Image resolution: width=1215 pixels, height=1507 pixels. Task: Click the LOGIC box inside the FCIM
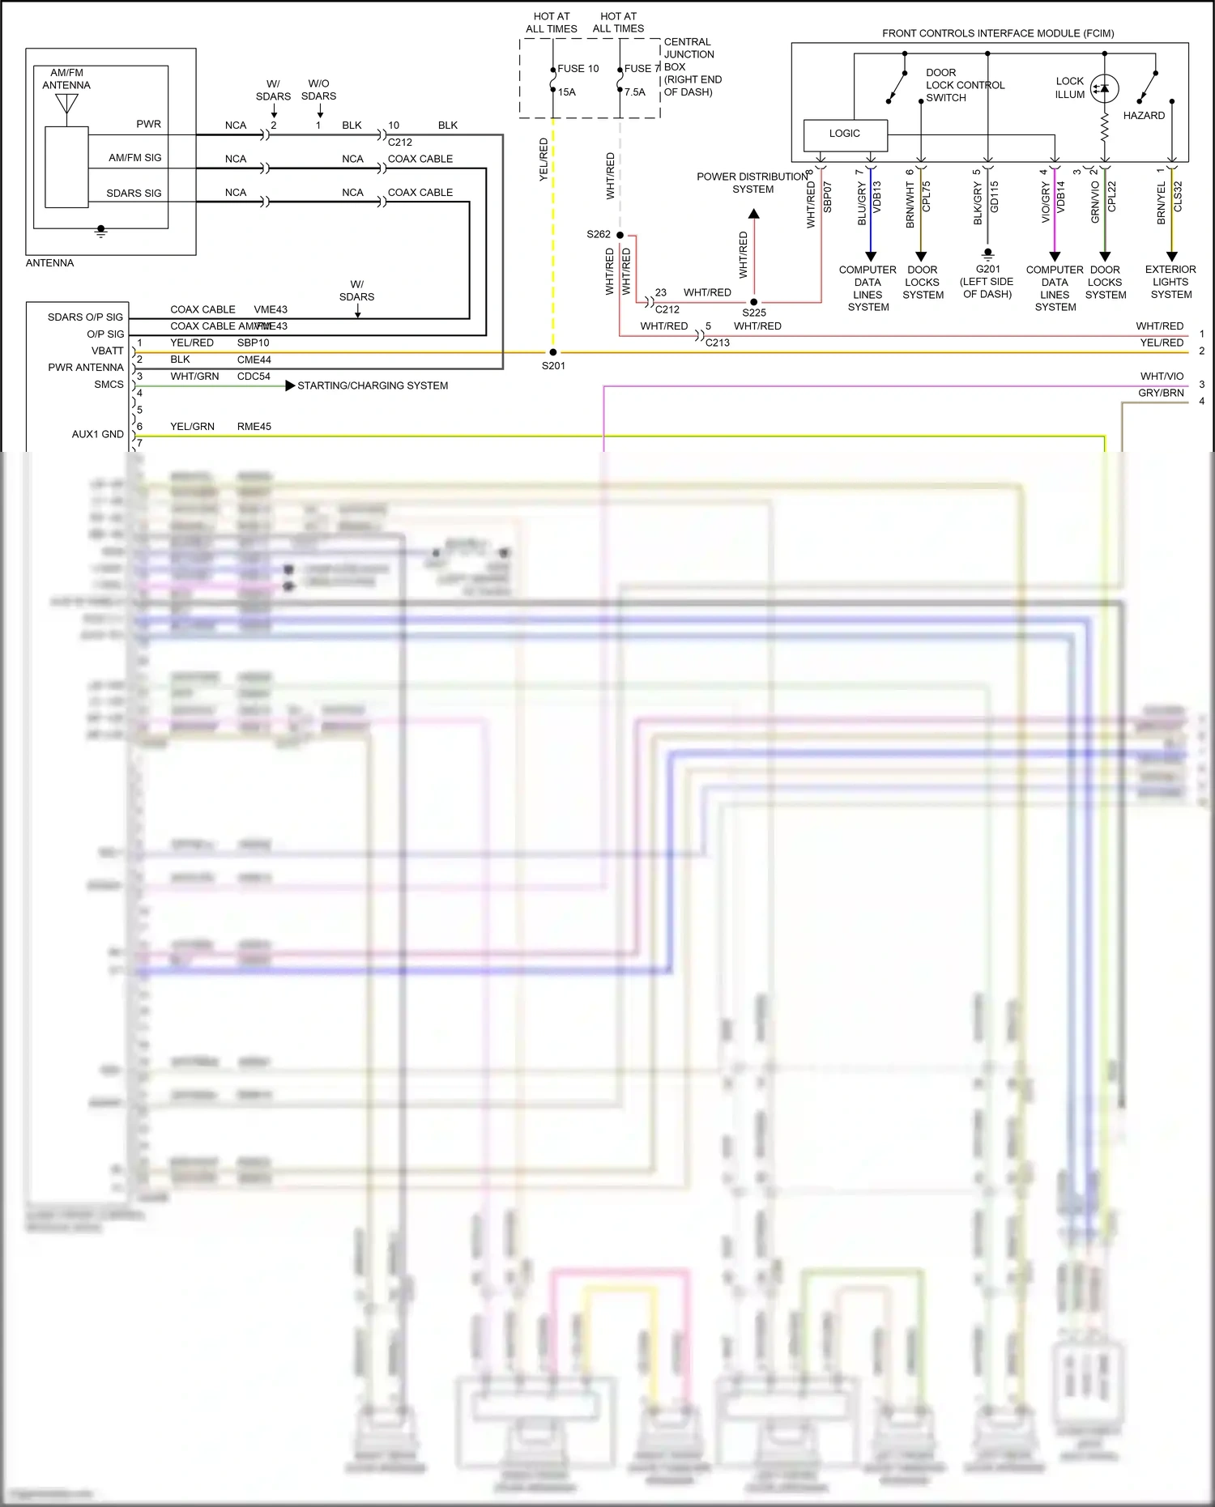point(845,134)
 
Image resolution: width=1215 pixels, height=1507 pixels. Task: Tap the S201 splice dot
point(553,352)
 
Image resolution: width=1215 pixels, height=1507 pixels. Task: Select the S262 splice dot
point(620,235)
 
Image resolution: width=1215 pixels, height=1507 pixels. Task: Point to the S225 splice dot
point(754,302)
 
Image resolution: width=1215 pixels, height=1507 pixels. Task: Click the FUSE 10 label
point(578,69)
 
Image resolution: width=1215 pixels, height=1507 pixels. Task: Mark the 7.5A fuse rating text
point(635,92)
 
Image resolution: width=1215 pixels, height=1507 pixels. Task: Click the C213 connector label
point(717,343)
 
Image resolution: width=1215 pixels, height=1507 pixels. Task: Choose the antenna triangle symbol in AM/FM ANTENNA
point(66,104)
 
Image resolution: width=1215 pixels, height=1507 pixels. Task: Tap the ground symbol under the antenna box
point(101,232)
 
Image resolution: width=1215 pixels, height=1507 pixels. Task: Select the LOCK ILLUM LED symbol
point(1104,88)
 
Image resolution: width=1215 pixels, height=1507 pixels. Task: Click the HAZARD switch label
point(1144,116)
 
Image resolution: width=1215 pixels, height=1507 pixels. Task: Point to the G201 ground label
point(987,269)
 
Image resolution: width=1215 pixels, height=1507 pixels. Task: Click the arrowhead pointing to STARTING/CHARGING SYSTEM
point(290,385)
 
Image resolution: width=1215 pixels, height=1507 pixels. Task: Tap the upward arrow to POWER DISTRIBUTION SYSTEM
point(754,214)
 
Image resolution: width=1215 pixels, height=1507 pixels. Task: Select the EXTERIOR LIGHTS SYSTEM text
point(1170,282)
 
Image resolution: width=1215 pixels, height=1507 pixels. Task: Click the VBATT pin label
point(108,351)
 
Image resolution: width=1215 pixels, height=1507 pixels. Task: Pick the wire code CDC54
point(254,377)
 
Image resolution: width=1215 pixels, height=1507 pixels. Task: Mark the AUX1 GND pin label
point(97,434)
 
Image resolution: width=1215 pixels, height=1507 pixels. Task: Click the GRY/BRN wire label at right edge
point(1161,393)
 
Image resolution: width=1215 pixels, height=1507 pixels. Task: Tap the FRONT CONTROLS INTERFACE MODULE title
point(998,33)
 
